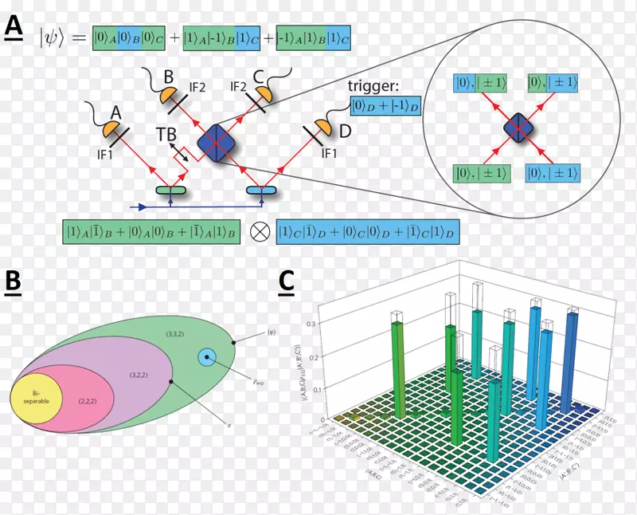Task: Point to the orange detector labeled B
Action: pos(170,95)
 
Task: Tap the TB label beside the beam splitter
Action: pos(166,135)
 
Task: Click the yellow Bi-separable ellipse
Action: pos(35,399)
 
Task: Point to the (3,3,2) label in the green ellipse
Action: pos(174,332)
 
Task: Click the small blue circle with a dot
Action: pos(208,358)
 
